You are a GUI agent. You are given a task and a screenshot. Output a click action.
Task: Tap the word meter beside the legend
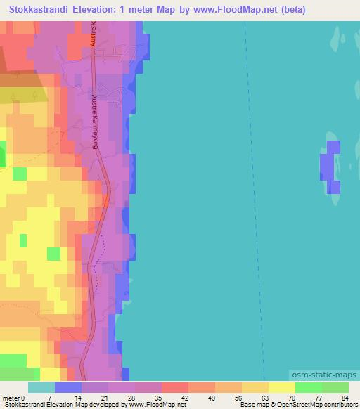(11, 398)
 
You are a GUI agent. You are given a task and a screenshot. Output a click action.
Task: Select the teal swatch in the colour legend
(41, 387)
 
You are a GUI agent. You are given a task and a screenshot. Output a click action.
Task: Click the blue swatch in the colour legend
(68, 387)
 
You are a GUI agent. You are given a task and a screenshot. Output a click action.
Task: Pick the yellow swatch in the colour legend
(281, 387)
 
